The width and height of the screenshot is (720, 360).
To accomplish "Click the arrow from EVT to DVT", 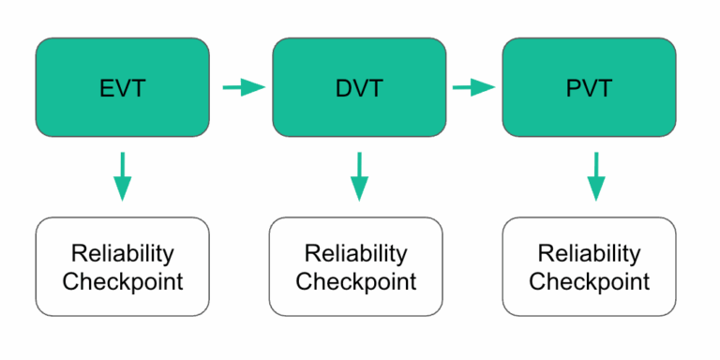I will (x=245, y=88).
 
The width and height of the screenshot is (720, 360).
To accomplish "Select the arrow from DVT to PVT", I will (x=474, y=88).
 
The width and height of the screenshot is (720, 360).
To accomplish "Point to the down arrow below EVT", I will (x=122, y=176).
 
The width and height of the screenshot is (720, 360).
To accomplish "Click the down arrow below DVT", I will (x=359, y=176).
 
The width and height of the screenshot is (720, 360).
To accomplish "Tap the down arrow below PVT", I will (x=593, y=176).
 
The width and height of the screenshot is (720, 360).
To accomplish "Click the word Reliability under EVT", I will (x=122, y=253).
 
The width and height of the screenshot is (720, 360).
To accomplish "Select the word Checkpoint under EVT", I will (x=122, y=281).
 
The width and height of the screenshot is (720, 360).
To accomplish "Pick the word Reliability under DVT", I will (x=356, y=253).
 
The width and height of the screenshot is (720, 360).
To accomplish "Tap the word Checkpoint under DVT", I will (x=356, y=281).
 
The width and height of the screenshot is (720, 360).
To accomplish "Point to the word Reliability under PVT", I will (x=589, y=253).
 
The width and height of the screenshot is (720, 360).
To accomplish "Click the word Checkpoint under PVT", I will (x=589, y=281).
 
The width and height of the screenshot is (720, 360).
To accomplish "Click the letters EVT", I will (x=122, y=89).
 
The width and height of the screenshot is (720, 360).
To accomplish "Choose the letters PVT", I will (x=589, y=89).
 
